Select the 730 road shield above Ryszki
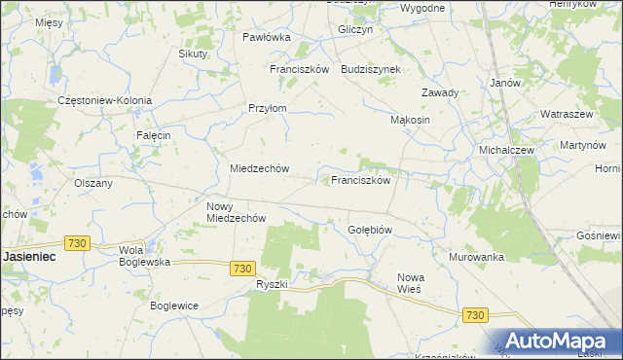[243, 268]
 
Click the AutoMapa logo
[559, 341]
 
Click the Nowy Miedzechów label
[237, 212]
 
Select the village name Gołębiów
[370, 230]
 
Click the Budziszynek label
[378, 70]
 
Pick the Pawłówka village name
[267, 37]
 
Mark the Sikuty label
[193, 54]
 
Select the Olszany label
[93, 182]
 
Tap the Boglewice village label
[174, 305]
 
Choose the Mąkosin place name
[410, 120]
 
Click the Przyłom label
[268, 109]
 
